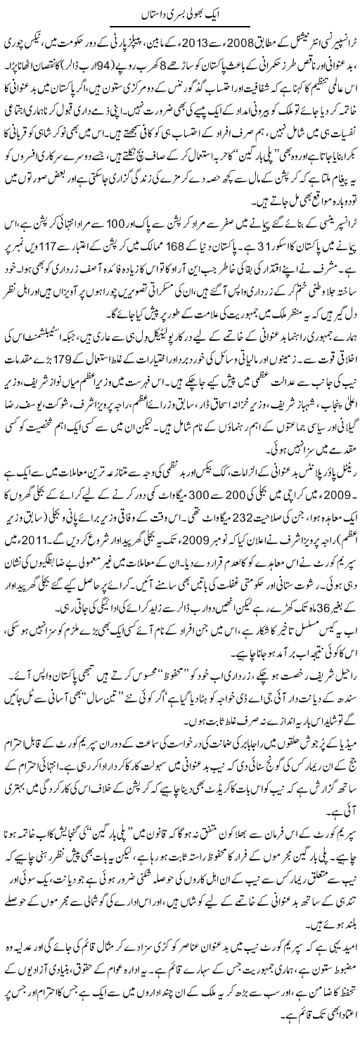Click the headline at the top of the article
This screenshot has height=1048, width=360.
[x=180, y=13]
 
